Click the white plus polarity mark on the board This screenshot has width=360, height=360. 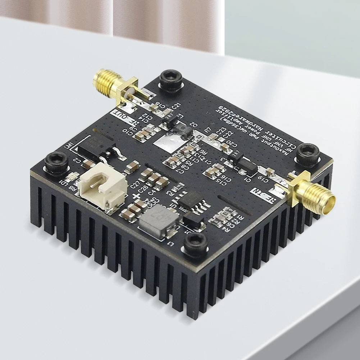[136, 196]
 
